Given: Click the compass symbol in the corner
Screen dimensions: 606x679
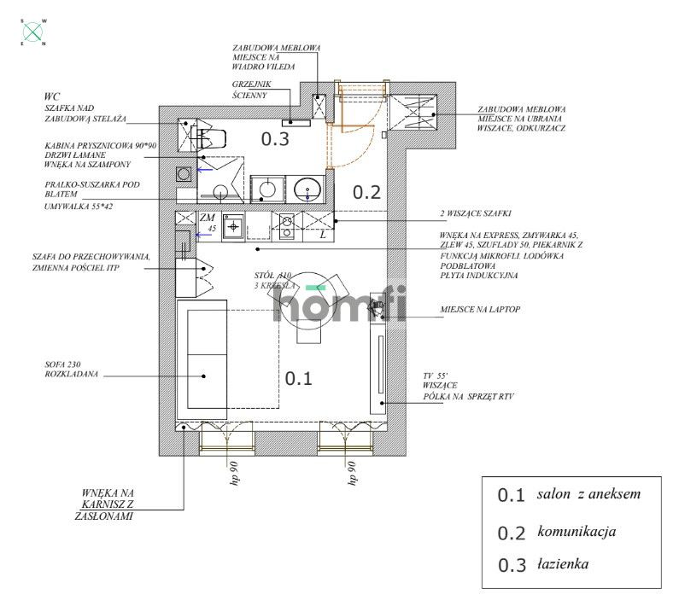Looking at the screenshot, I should click(33, 32).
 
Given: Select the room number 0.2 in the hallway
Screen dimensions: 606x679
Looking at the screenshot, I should click(366, 192).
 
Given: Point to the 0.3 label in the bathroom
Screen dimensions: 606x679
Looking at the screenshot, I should click(275, 139).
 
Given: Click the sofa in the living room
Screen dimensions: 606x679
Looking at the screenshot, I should click(201, 354).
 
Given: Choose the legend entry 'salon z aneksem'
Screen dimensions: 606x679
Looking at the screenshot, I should click(588, 494).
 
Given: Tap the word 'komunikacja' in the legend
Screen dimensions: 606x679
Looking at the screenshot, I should click(577, 531).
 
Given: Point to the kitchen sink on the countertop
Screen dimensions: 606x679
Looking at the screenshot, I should click(233, 227).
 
